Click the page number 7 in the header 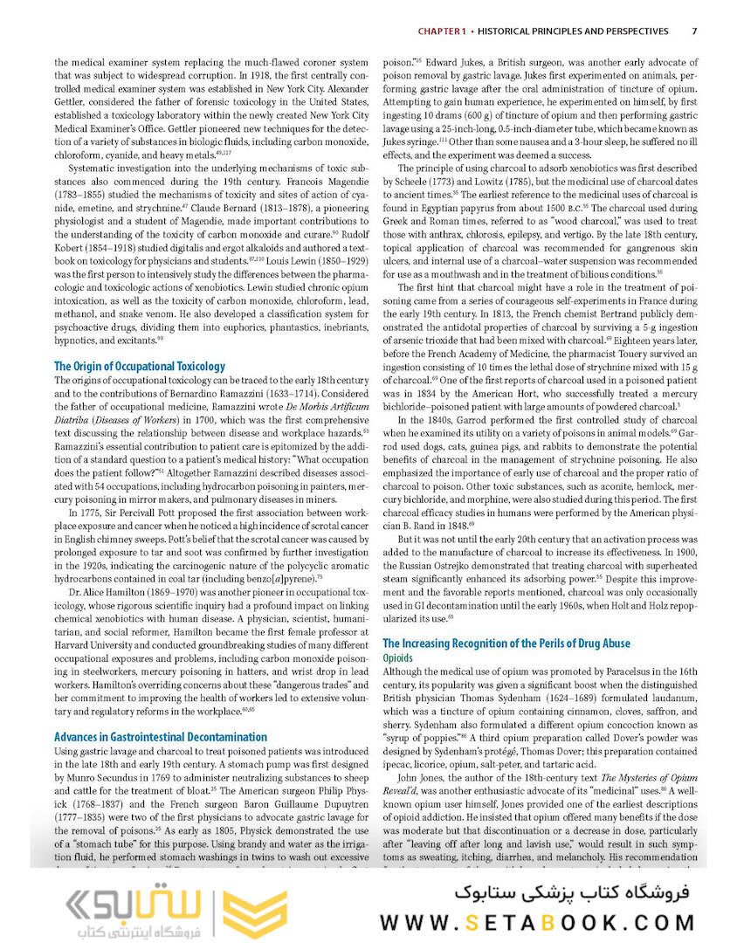tap(693, 31)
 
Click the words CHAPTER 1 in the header tap(441, 31)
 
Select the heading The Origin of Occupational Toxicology tap(140, 366)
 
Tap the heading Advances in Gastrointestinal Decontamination tap(161, 737)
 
